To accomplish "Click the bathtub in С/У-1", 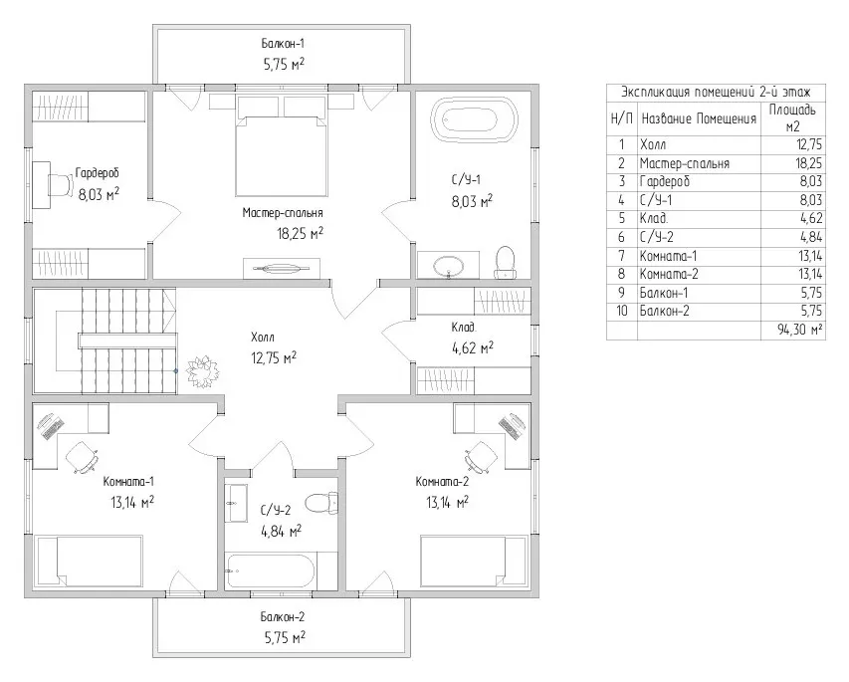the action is (x=475, y=120).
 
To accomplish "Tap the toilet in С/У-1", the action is (x=505, y=263).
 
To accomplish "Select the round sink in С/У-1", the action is (x=448, y=266).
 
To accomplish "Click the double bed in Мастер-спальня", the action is (x=282, y=155).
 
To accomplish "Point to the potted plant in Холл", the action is (x=203, y=371).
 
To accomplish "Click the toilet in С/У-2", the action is (x=321, y=503).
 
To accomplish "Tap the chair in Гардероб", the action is (x=61, y=185).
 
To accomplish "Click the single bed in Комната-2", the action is (x=474, y=562).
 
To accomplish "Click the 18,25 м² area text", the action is (x=300, y=233).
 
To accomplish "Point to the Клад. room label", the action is (x=464, y=328).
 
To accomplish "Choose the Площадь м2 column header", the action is (x=792, y=118).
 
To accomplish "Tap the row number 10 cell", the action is (x=622, y=311).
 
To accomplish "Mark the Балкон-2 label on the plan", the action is (x=282, y=617).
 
